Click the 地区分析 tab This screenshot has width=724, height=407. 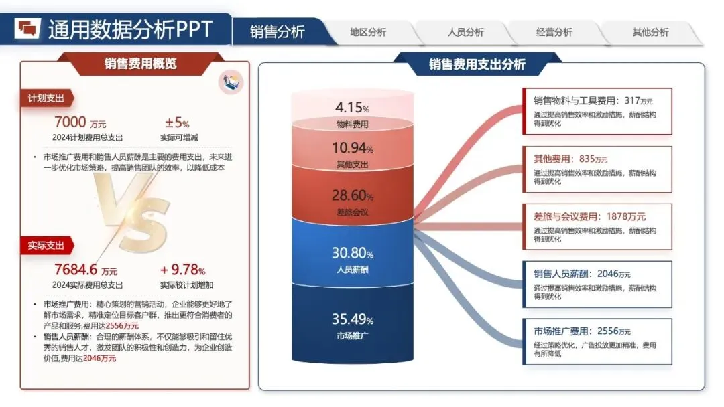pyautogui.click(x=368, y=32)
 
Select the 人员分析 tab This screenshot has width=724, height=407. pyautogui.click(x=465, y=32)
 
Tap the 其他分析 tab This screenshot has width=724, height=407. pyautogui.click(x=650, y=32)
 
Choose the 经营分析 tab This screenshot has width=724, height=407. pyautogui.click(x=554, y=32)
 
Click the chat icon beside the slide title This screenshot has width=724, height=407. pyautogui.click(x=28, y=28)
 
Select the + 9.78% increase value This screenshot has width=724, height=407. pyautogui.click(x=182, y=270)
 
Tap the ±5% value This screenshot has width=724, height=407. pyautogui.click(x=177, y=123)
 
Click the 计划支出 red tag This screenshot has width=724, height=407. pyautogui.click(x=46, y=98)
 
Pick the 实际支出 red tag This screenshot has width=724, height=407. pyautogui.click(x=46, y=246)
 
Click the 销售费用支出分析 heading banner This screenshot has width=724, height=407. pyautogui.click(x=477, y=64)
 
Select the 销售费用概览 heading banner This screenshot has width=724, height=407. pyautogui.click(x=140, y=64)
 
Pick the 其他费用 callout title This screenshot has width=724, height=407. pyautogui.click(x=553, y=159)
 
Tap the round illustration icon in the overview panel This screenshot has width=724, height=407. pyautogui.click(x=231, y=82)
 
